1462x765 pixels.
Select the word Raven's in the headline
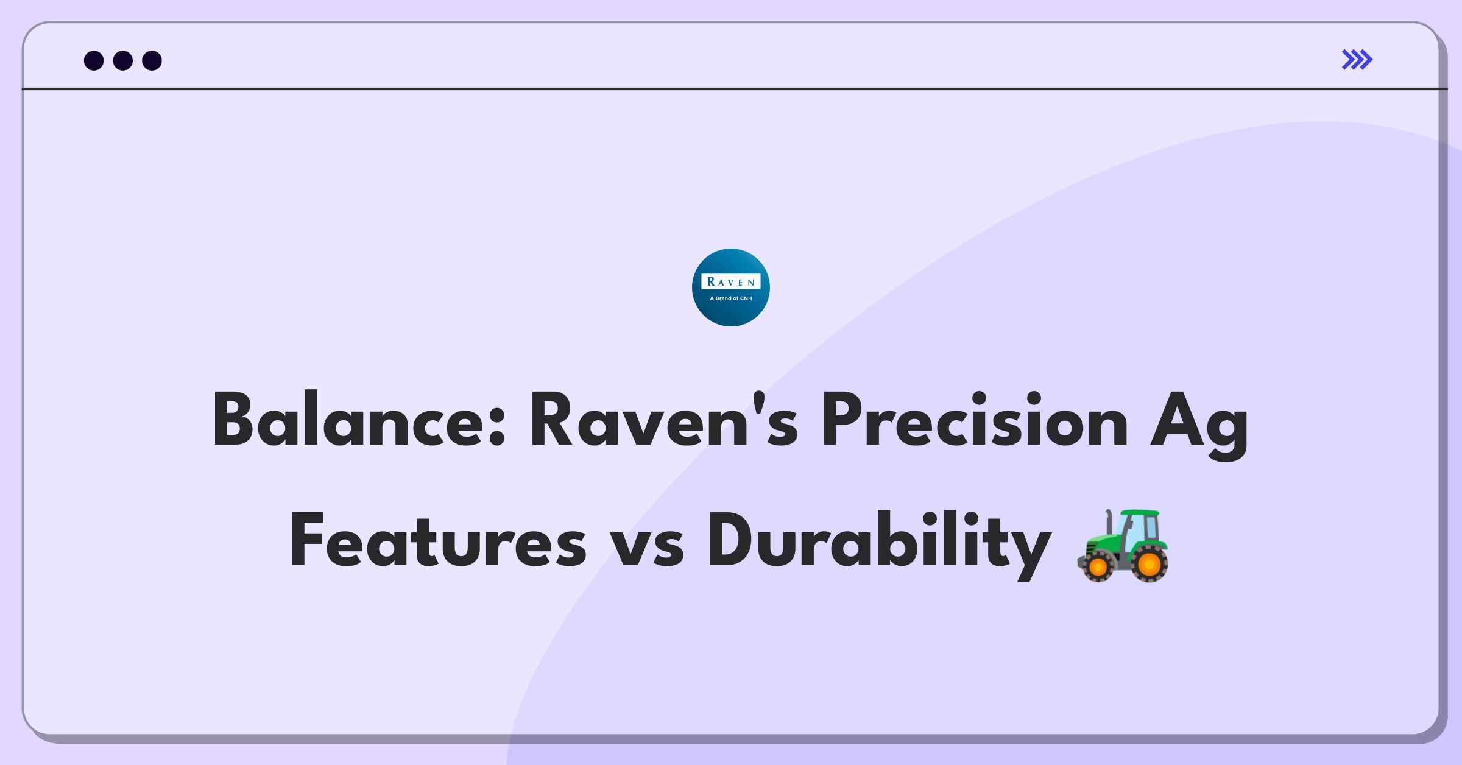tap(664, 420)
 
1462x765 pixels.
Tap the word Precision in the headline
tap(975, 420)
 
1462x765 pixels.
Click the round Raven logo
tap(731, 287)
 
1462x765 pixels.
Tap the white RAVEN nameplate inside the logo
tap(731, 281)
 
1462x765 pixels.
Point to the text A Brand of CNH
tap(731, 298)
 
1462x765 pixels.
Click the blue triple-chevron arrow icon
tap(1357, 60)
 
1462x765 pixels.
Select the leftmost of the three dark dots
tap(94, 60)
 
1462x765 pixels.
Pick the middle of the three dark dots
tap(123, 60)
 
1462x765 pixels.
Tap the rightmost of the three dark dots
tap(152, 60)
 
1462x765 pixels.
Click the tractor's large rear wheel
tap(1149, 565)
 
